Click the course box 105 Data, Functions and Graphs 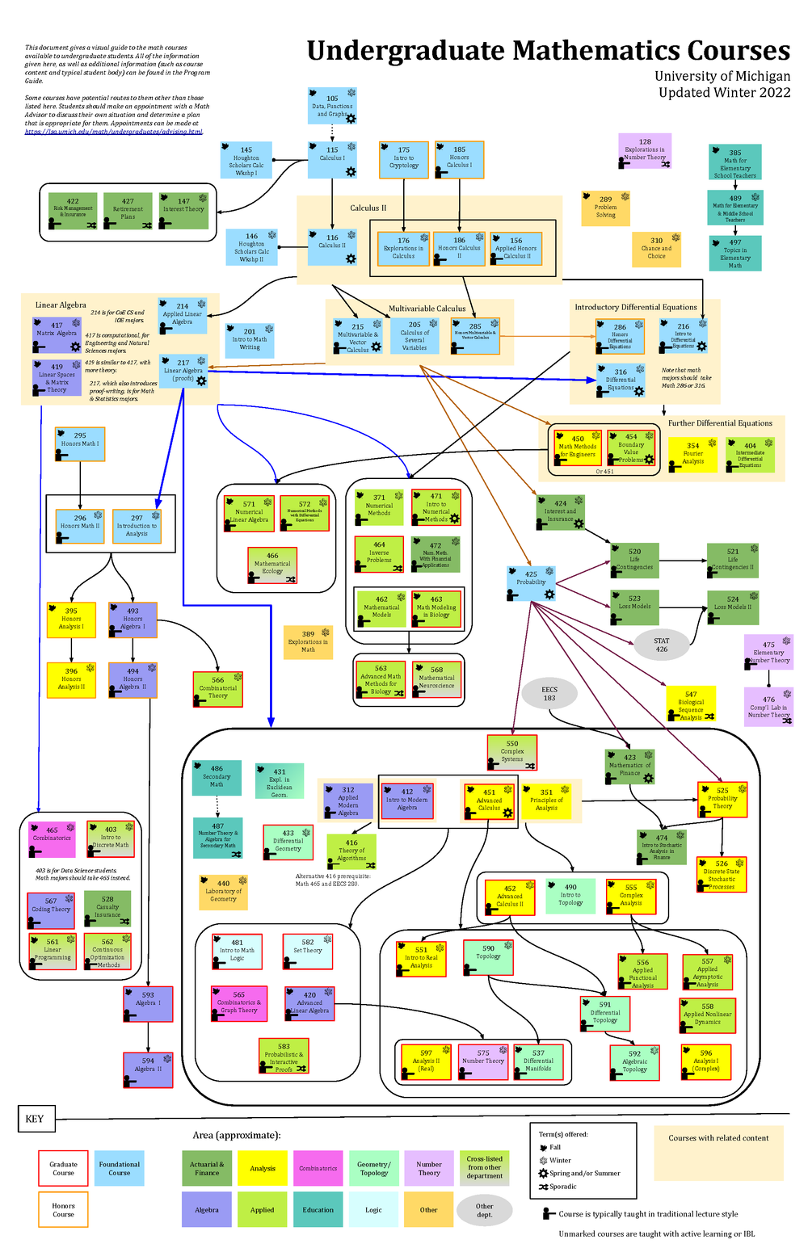coord(332,106)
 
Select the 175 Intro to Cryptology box coord(404,159)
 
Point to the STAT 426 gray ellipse coord(662,644)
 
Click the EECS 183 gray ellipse coord(549,693)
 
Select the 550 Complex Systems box coord(512,752)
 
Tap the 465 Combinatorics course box coord(52,838)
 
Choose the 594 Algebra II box coord(148,1067)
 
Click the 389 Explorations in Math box coord(308,641)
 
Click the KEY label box coord(35,1119)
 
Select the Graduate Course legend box coord(63,1168)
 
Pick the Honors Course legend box coord(63,1210)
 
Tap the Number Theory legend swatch coord(429,1168)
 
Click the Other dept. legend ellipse coord(484,1210)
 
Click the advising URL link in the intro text coord(113,132)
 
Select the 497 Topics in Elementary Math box coord(735,254)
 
